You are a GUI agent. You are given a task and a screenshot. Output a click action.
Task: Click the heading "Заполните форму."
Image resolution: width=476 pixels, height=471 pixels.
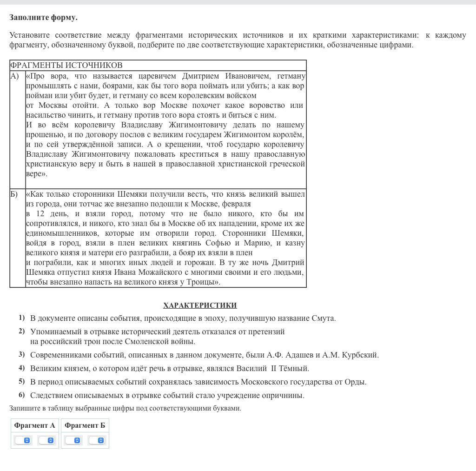pos(43,18)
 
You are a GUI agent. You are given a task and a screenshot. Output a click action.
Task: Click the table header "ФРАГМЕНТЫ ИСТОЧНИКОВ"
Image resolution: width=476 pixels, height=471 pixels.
pos(66,66)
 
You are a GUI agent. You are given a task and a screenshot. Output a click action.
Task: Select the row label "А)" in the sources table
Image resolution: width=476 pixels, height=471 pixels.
pos(15,76)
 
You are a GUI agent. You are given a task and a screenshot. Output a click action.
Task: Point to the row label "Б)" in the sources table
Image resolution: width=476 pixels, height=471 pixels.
pos(15,194)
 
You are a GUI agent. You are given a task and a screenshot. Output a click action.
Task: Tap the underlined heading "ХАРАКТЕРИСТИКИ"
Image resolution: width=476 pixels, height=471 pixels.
pos(200,305)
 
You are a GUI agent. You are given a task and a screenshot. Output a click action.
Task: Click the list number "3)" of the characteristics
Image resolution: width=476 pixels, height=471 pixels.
pos(21,355)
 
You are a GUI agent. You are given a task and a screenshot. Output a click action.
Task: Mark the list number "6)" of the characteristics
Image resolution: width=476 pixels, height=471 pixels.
pos(21,395)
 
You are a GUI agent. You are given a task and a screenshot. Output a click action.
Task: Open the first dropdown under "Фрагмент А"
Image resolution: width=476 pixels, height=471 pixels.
pos(23,440)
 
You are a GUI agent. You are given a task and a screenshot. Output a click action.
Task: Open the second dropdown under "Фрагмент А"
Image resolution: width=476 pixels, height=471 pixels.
pos(46,440)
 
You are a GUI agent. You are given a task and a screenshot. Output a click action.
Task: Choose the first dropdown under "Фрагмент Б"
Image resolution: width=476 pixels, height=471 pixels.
pos(73,440)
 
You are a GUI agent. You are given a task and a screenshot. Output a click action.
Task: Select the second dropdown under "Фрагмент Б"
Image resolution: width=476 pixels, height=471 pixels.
pos(97,440)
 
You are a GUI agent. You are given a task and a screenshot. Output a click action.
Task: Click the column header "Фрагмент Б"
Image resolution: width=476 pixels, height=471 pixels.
pos(85,425)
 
